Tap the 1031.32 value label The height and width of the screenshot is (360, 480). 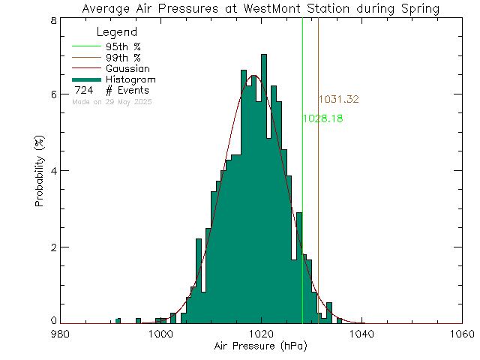(339, 99)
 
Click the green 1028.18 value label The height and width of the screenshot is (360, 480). (323, 118)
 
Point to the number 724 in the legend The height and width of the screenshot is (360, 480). (83, 91)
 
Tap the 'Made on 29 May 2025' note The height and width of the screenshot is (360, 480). (112, 101)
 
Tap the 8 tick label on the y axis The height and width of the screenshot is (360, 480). (46, 20)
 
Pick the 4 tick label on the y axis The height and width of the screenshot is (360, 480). (46, 171)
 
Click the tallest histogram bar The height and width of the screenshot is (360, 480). (264, 187)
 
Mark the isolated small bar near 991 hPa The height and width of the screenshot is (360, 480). (118, 321)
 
